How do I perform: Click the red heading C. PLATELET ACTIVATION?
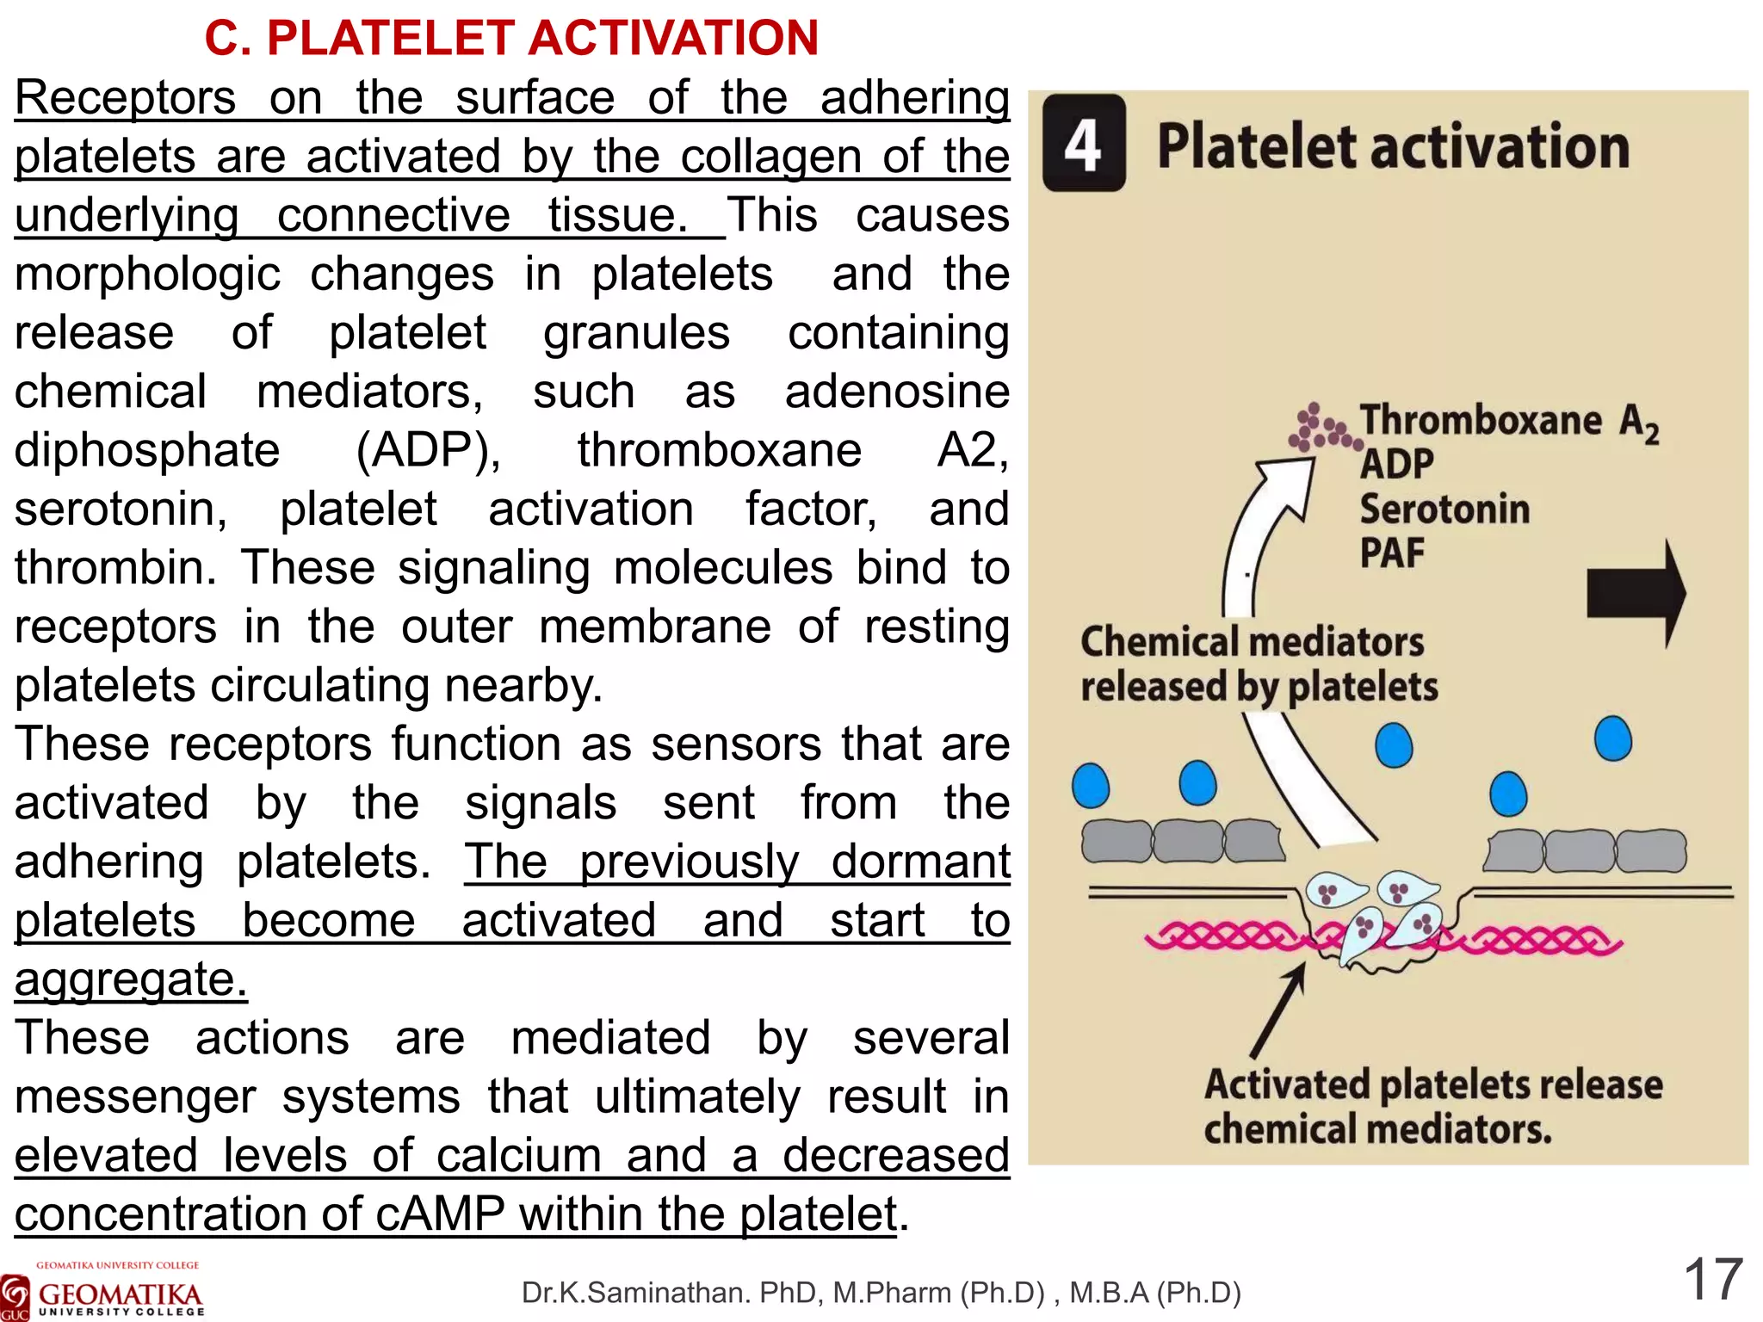[x=511, y=38]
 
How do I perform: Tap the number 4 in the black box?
[x=1083, y=144]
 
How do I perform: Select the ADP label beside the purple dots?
[x=1396, y=465]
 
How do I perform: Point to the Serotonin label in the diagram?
[x=1444, y=509]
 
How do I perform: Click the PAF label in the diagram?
[x=1392, y=553]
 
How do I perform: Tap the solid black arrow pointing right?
[x=1634, y=593]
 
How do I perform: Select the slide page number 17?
[x=1712, y=1280]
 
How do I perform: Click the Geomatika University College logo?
[x=103, y=1291]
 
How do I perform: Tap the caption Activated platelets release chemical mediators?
[x=1432, y=1107]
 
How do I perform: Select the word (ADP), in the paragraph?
[x=428, y=451]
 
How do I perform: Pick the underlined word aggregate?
[x=131, y=979]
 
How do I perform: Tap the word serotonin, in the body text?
[x=121, y=510]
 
